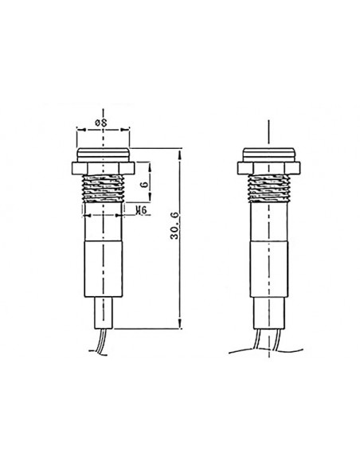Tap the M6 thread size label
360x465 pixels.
coord(141,210)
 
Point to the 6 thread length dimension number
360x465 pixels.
coord(143,184)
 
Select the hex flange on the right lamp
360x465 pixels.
coord(270,168)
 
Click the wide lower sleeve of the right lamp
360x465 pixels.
coord(270,271)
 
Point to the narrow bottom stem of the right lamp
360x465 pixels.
coord(270,313)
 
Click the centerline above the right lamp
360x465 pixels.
coord(270,131)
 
